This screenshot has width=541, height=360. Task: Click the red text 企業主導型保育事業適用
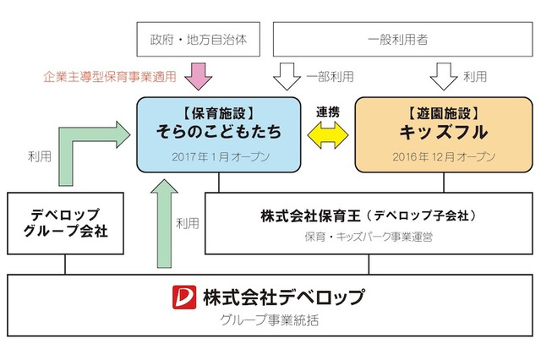[110, 77]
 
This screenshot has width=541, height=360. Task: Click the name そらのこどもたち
[218, 133]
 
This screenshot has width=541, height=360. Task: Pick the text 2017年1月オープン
[218, 156]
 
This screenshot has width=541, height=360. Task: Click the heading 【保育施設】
[218, 111]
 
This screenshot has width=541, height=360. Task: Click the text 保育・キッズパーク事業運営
[369, 237]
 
